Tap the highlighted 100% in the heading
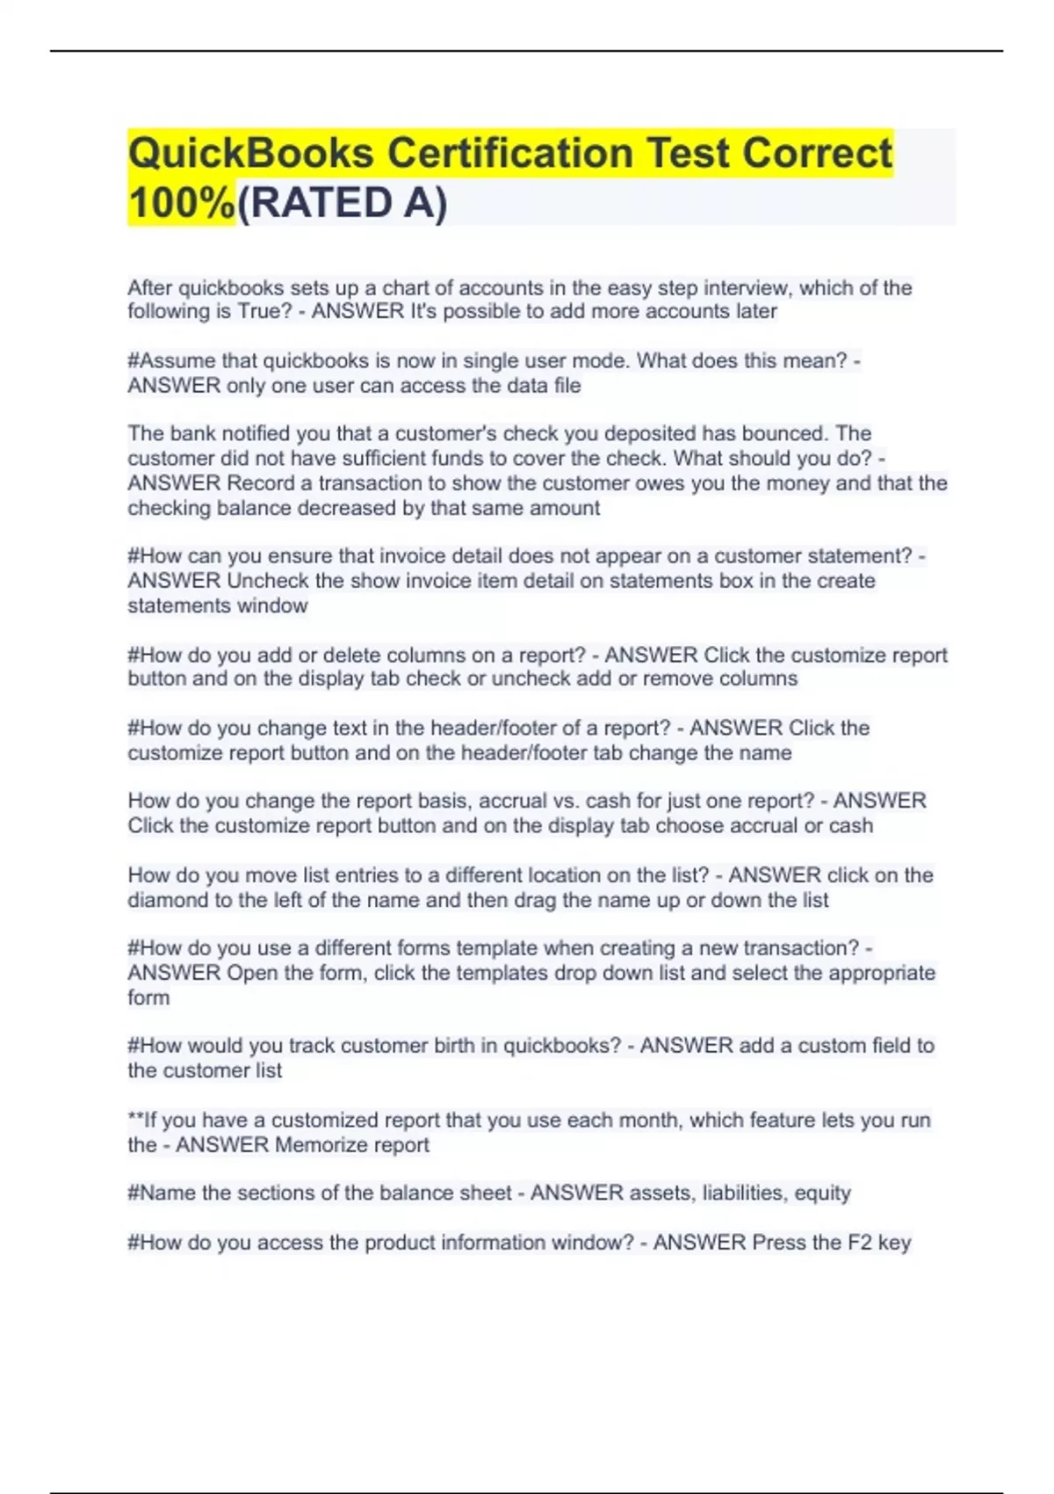pyautogui.click(x=181, y=203)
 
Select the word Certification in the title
pyautogui.click(x=510, y=153)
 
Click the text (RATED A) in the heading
pyautogui.click(x=343, y=203)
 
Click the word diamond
pyautogui.click(x=165, y=900)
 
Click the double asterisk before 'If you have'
pyautogui.click(x=135, y=1120)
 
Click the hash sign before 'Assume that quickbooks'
pyautogui.click(x=134, y=361)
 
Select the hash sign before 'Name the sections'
pyautogui.click(x=134, y=1193)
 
